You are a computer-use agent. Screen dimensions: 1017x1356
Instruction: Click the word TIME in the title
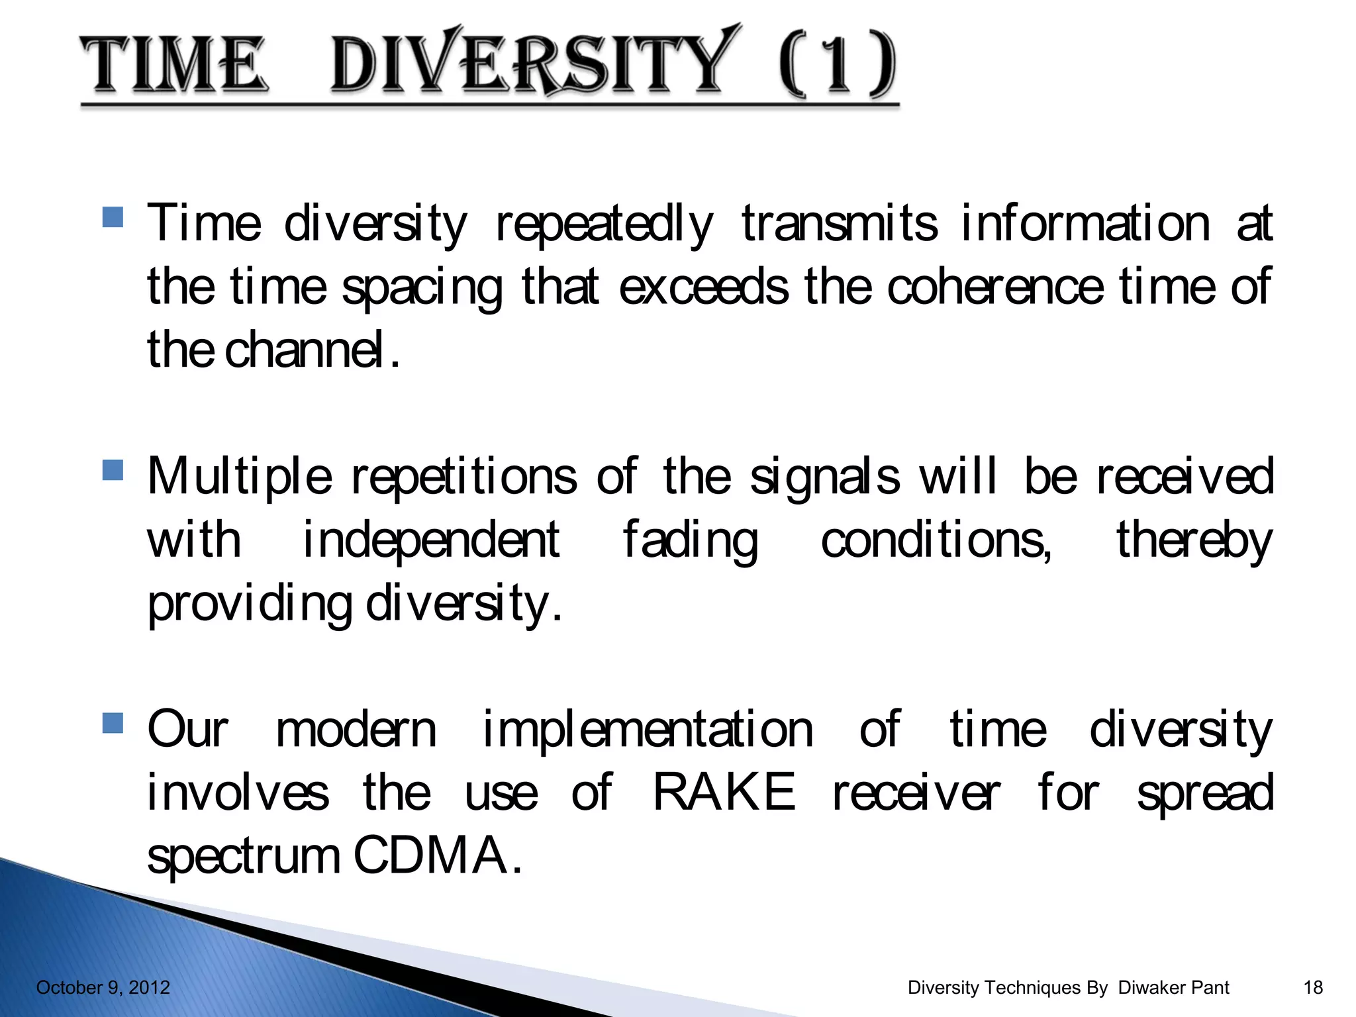point(173,64)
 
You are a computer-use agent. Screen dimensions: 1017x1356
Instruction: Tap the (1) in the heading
point(838,64)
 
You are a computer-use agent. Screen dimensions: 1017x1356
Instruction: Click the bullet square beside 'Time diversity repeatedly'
point(113,217)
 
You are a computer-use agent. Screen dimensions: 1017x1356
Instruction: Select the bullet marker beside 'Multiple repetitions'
point(113,470)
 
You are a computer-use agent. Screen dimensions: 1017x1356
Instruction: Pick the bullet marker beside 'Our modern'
point(113,723)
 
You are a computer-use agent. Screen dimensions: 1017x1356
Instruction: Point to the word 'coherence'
point(995,287)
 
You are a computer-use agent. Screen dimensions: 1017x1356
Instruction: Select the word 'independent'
point(431,540)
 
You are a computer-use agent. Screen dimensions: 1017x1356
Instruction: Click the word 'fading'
point(690,540)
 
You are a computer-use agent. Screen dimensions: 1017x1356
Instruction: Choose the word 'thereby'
point(1194,540)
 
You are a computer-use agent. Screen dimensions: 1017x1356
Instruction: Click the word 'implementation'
point(648,730)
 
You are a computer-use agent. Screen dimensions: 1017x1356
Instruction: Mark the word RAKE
point(724,793)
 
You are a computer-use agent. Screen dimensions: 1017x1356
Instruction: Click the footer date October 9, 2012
point(103,988)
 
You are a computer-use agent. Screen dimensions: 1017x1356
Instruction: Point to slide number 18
point(1312,988)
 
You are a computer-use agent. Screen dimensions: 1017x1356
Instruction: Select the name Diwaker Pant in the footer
point(1173,988)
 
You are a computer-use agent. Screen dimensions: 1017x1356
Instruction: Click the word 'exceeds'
point(703,287)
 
